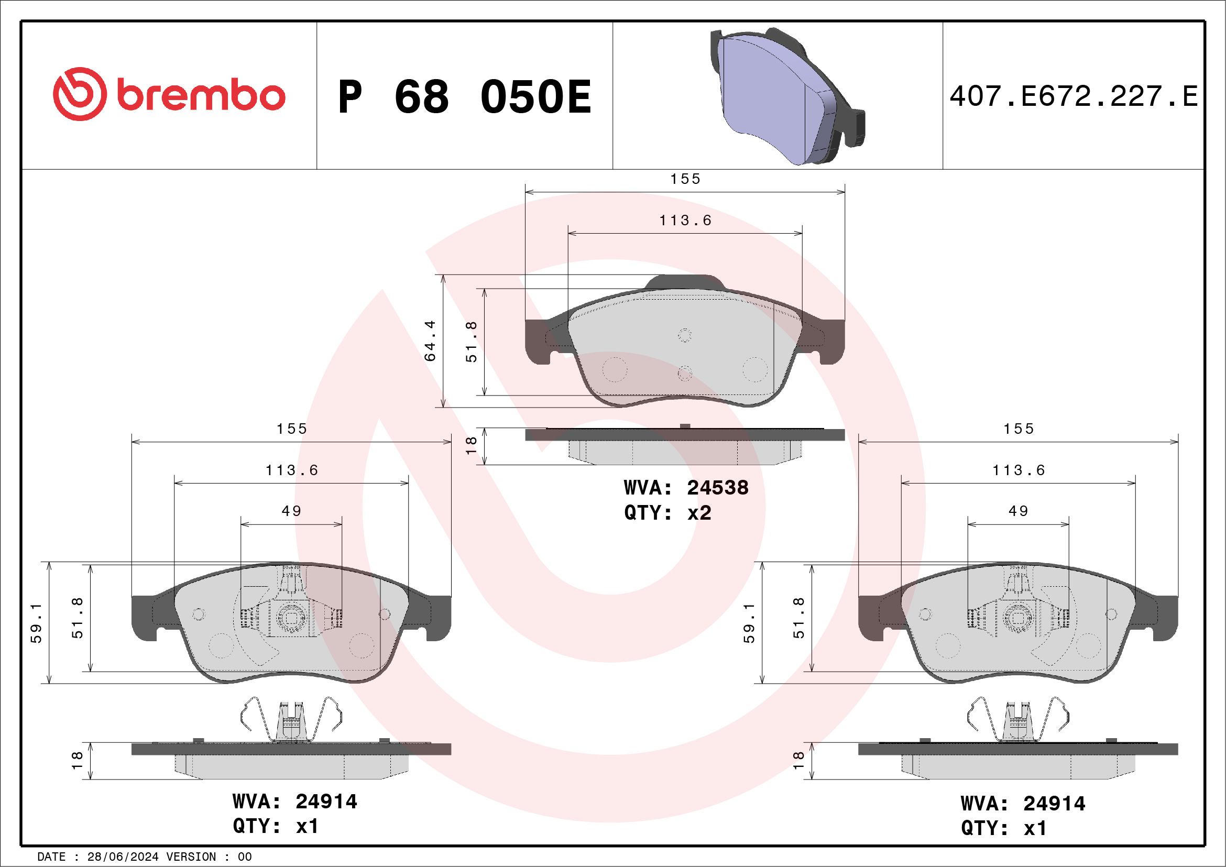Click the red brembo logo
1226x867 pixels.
169,94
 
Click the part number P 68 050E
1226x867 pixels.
465,97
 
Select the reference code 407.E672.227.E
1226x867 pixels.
1074,96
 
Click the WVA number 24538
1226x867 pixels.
717,488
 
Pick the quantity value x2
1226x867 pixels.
699,513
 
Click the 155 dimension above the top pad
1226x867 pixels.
685,179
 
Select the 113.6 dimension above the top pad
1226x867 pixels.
685,221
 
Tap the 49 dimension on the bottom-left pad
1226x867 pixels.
291,511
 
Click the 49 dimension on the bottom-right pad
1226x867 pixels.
1019,511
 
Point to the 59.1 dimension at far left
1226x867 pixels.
36,623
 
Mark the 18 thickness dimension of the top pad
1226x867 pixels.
471,445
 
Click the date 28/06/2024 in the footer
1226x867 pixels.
123,857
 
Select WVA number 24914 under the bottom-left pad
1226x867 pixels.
326,802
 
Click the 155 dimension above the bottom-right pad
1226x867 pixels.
1019,429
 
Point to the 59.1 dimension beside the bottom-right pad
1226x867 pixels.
749,623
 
